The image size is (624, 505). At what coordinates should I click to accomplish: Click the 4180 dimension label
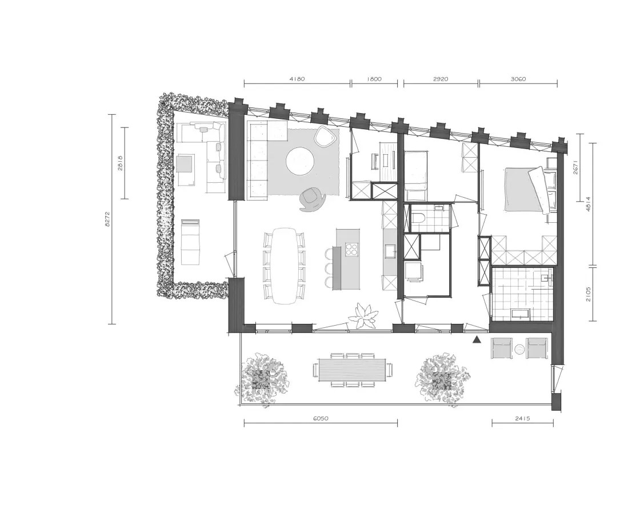297,79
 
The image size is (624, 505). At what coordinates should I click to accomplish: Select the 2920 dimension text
441,79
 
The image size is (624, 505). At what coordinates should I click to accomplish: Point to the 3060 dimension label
518,79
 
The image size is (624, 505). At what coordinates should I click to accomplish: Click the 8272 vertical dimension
107,219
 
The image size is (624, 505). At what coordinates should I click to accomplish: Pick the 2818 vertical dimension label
120,163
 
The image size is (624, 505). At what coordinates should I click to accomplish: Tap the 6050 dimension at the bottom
321,418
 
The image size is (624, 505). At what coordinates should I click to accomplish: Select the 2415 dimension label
522,418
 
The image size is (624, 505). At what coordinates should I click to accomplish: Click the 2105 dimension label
588,294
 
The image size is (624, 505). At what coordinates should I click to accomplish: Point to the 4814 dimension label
588,205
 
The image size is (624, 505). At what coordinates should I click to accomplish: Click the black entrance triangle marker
477,339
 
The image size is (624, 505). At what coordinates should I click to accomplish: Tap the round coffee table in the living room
300,161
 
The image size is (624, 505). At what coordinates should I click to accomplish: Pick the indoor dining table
284,266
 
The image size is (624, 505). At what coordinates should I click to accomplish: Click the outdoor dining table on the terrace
352,369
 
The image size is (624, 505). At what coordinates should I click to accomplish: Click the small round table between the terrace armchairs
519,350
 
